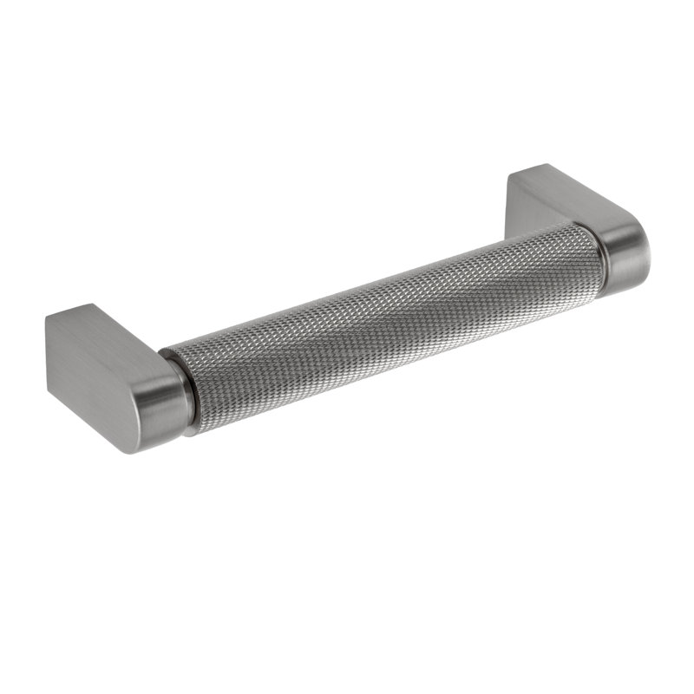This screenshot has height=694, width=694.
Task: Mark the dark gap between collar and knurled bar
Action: tap(188, 390)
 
